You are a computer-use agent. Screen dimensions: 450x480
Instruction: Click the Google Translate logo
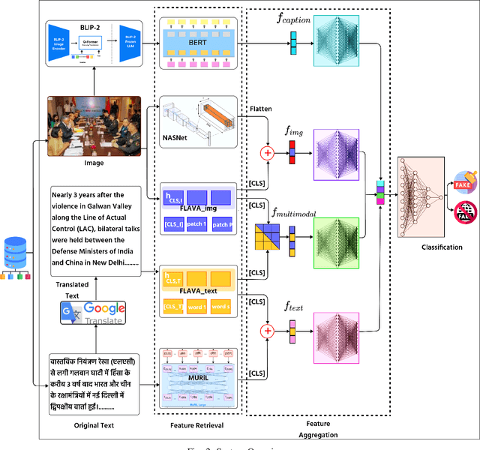pos(94,311)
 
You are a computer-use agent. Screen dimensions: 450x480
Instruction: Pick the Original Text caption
pos(93,425)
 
